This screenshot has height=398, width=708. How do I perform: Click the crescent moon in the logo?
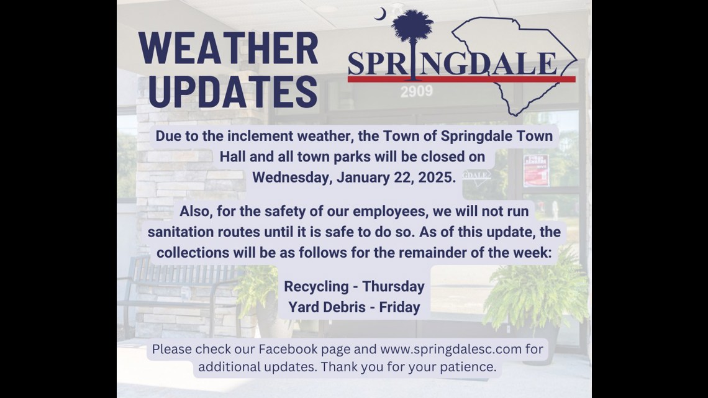[x=379, y=14]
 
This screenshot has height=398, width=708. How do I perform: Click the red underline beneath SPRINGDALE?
[x=461, y=79]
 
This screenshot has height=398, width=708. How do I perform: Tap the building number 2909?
[x=416, y=93]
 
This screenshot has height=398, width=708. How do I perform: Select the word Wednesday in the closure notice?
[x=292, y=176]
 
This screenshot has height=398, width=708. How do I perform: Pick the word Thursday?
[x=394, y=286]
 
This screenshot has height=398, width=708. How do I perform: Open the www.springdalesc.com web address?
[x=451, y=348]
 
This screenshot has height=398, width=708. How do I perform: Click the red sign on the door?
[x=535, y=170]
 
